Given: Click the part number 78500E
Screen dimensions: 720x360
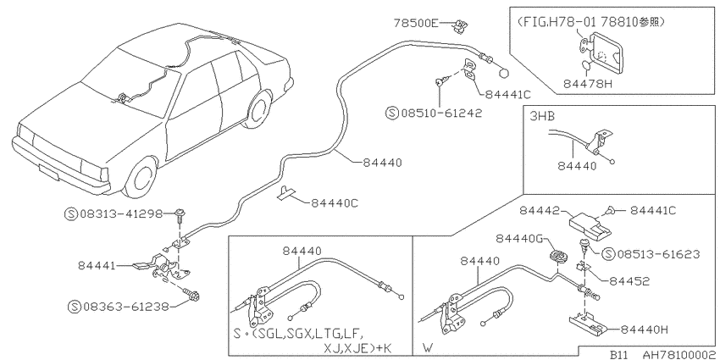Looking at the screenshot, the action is tap(417, 23).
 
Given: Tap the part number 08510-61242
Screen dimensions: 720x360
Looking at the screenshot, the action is tap(441, 113).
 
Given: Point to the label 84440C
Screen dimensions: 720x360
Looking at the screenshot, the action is tap(335, 202).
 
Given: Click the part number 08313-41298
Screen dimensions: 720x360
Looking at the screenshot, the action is tap(122, 213).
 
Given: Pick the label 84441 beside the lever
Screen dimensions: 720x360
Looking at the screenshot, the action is tap(97, 265).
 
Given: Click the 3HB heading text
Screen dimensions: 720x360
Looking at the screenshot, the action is tap(542, 116).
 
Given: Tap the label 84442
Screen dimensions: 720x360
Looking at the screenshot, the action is tap(539, 210).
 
